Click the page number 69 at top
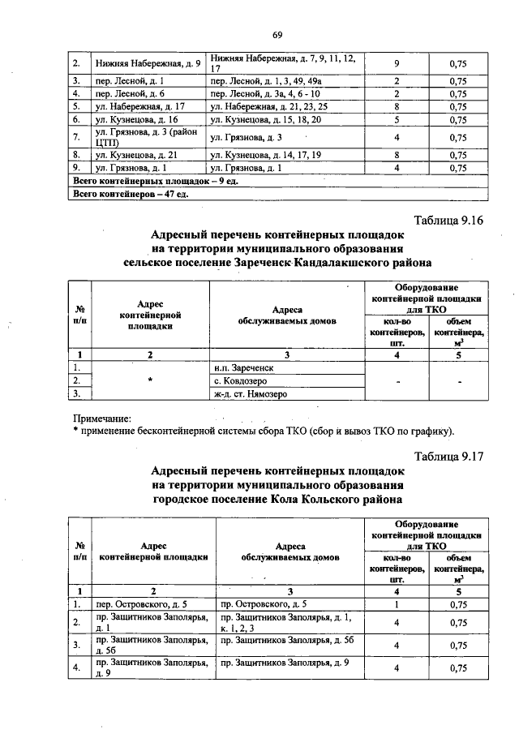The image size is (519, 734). pos(277,34)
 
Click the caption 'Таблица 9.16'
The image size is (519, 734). pos(448,221)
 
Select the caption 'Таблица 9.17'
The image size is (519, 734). pos(448,456)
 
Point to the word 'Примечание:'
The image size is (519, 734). pos(102,417)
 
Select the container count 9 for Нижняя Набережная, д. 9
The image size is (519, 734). pos(396,63)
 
